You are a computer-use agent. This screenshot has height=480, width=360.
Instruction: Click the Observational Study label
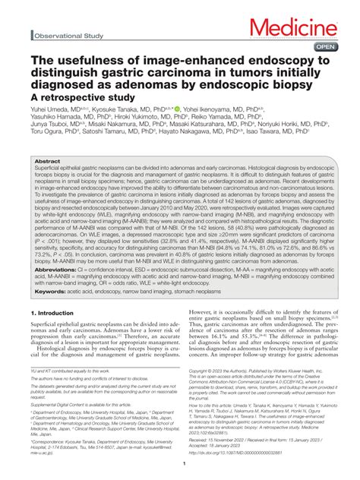pyautogui.click(x=69, y=36)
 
